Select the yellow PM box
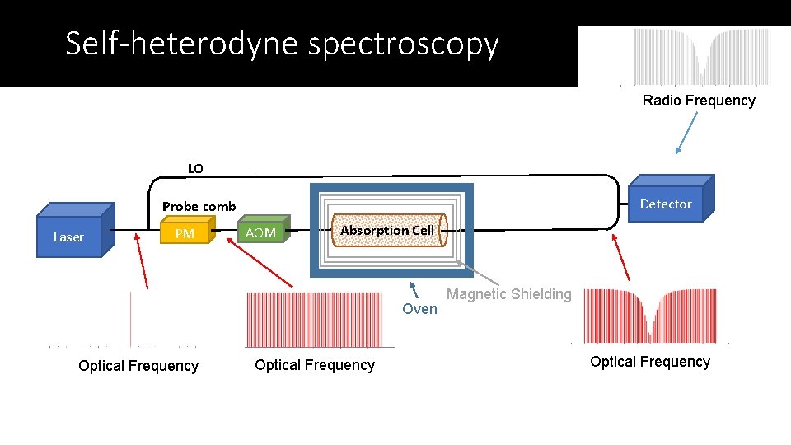click(185, 233)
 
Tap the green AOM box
click(261, 232)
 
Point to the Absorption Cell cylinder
click(387, 231)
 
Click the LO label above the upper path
click(195, 168)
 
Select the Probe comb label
click(199, 206)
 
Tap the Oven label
click(419, 308)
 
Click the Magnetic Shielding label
click(508, 294)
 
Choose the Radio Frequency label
click(699, 101)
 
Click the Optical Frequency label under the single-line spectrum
click(138, 366)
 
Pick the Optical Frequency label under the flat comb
click(315, 365)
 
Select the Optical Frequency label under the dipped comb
click(650, 362)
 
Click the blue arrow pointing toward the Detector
click(686, 133)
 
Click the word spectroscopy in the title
click(404, 44)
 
